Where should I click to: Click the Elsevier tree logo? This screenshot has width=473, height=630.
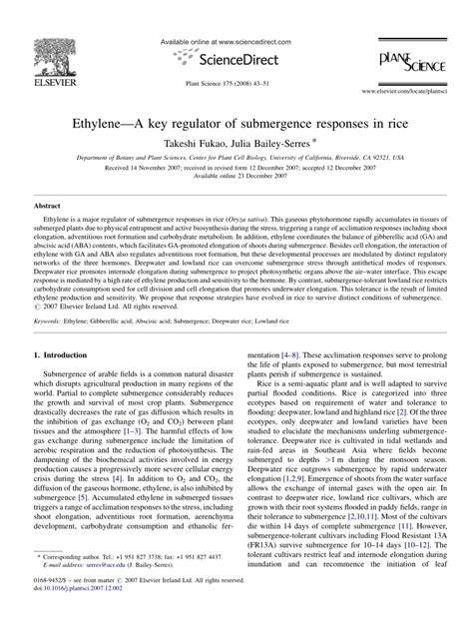[x=59, y=55]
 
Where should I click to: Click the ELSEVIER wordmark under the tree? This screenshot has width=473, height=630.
[x=59, y=84]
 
